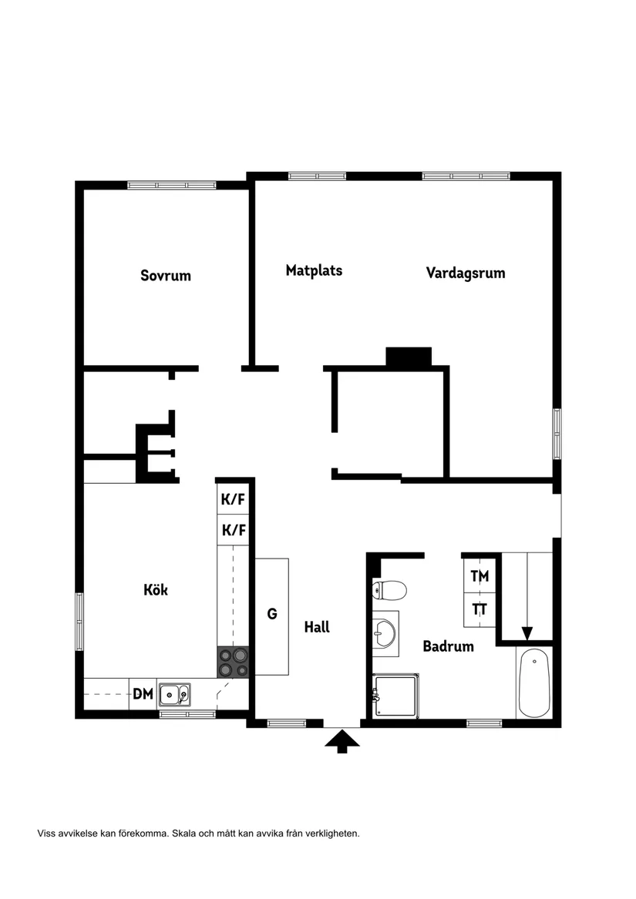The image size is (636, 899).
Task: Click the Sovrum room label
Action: point(166,275)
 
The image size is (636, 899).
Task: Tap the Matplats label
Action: point(314,270)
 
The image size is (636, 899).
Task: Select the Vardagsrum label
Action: point(466,273)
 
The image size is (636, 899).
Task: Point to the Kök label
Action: point(156,590)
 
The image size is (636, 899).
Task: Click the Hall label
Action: point(317,627)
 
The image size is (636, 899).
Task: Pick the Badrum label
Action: point(448,646)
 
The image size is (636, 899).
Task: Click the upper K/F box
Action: point(233,499)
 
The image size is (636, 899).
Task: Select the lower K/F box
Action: point(233,530)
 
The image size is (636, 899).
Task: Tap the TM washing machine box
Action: point(480,575)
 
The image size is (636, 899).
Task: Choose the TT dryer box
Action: point(480,609)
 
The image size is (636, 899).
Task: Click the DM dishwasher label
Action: point(143,694)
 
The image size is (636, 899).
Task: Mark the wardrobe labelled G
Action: point(272,614)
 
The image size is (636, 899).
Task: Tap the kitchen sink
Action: point(175,695)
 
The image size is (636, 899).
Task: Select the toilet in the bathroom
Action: point(390,592)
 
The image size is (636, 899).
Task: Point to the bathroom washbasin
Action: point(384,634)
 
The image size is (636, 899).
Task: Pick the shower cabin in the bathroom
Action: point(396,696)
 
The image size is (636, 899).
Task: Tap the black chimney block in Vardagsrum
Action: point(409,357)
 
